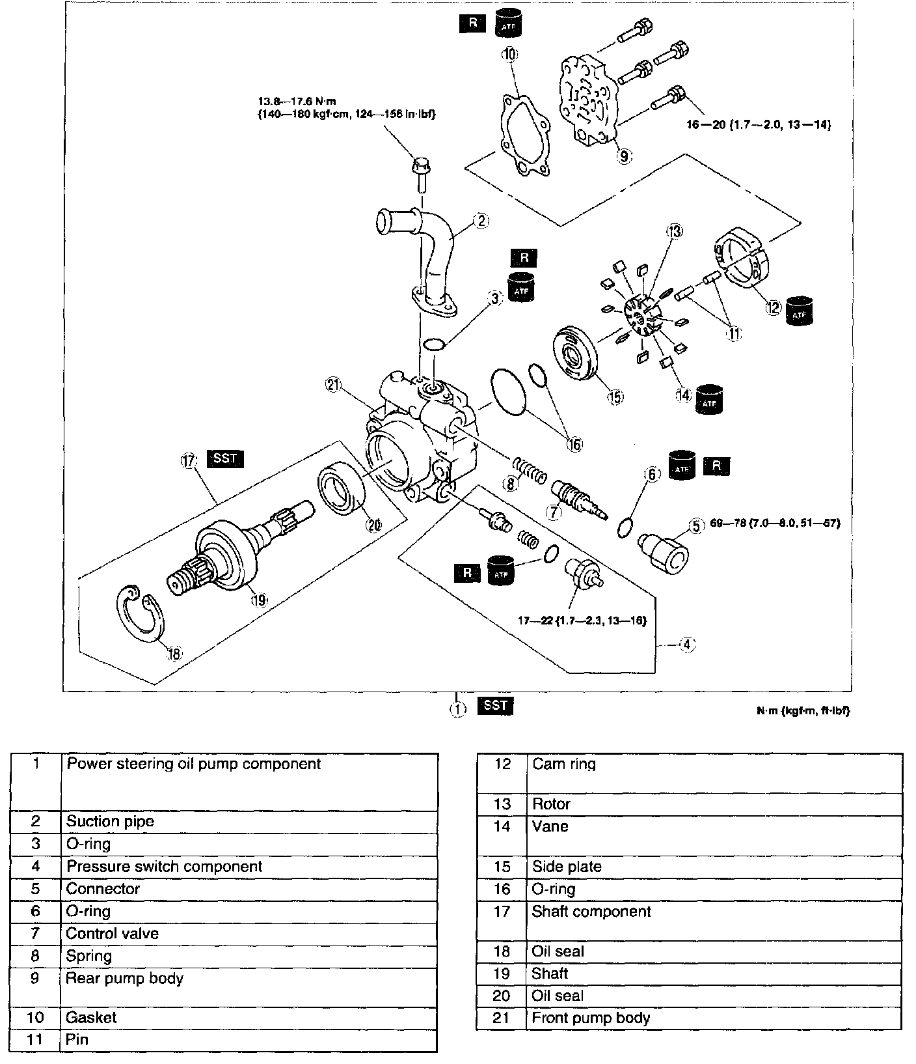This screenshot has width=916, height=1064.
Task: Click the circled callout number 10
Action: point(509,54)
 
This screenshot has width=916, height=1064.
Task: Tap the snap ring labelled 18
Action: point(139,612)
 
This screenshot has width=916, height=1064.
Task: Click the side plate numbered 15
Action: point(575,355)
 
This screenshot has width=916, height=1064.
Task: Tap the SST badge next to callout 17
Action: point(224,458)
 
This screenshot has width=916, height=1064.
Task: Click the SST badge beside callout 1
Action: point(495,705)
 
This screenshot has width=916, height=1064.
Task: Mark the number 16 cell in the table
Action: point(502,889)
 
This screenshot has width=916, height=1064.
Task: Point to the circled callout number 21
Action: point(334,385)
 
